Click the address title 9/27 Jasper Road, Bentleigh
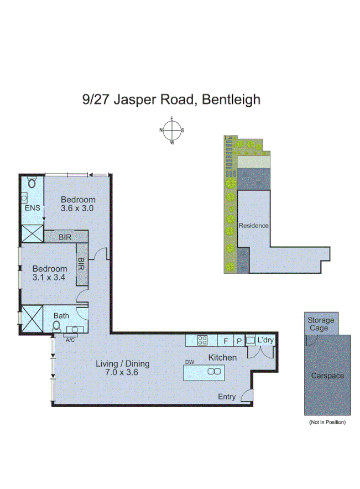171,100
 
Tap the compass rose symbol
172,131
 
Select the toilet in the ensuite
32,182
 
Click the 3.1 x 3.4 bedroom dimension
49,278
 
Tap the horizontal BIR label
66,237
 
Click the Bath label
61,316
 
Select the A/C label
70,340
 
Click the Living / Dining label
123,363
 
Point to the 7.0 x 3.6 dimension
123,372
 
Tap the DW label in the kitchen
190,362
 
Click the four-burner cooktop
202,340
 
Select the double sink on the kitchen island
213,372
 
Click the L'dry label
265,340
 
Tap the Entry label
227,397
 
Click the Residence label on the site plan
254,226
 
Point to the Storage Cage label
321,324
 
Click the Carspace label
327,376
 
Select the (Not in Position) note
327,422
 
